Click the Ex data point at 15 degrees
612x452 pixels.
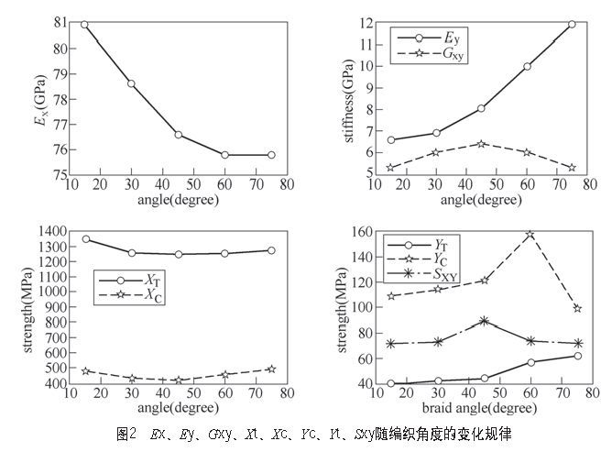point(84,24)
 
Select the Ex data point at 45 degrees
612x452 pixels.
point(178,135)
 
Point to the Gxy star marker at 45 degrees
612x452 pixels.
point(481,144)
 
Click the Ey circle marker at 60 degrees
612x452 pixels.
point(527,66)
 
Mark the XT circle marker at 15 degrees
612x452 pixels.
point(86,239)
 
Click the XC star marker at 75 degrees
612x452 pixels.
point(270,369)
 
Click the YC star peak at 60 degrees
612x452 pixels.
point(530,235)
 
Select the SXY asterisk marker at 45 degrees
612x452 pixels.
point(484,322)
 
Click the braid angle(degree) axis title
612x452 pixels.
point(486,404)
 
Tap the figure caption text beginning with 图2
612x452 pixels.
point(301,432)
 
